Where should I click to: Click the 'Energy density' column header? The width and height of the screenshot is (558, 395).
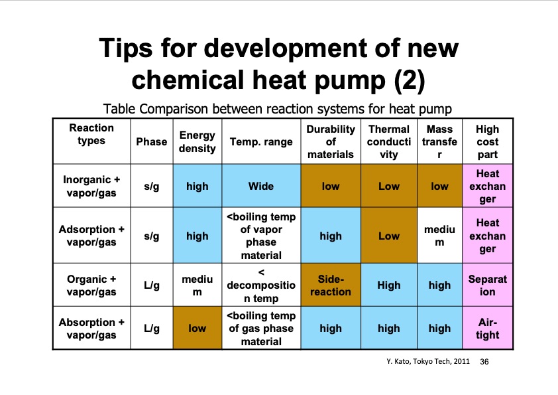pos(197,141)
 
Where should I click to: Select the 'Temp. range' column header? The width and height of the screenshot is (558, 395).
pos(260,141)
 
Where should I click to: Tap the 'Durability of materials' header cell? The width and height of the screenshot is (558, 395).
pos(331,141)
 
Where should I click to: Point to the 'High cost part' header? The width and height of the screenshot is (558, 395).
pos(487,141)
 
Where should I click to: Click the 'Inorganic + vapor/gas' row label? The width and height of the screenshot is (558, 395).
pos(91,187)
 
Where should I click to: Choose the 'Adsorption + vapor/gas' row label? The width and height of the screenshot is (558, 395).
pos(91,236)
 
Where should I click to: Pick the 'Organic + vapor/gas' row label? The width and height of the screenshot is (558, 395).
pos(91,285)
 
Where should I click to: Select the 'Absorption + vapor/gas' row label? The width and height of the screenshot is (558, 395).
pos(91,329)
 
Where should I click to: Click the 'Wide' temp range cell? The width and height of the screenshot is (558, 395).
pos(260,187)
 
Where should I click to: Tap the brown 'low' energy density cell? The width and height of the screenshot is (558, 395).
pos(197,329)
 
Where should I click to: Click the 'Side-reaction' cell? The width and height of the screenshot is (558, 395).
pos(331,285)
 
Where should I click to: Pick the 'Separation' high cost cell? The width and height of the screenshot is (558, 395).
pos(487,285)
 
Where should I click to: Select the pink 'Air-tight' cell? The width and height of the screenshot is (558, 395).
pos(487,329)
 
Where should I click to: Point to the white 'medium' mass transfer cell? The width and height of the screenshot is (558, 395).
pos(439,236)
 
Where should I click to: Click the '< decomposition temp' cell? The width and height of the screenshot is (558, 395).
pos(260,285)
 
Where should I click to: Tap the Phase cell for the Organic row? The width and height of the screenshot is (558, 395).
pos(152,285)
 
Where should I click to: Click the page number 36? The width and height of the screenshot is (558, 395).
pos(483,362)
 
